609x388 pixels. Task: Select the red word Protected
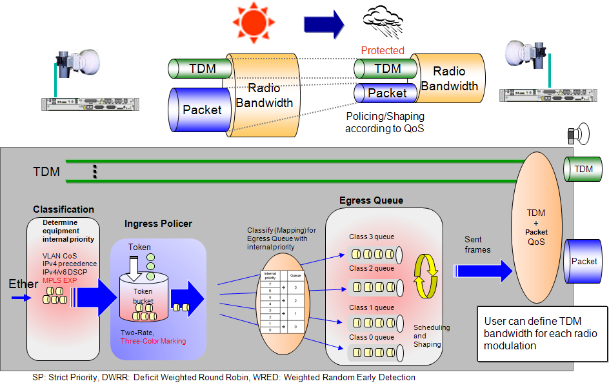(383, 50)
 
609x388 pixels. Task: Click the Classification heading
(64, 209)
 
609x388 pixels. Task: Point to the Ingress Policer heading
(157, 224)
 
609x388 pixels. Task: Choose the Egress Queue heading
(371, 200)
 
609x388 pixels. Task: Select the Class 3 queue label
(371, 237)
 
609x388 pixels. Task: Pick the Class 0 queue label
(371, 337)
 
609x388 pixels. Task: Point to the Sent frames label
(477, 244)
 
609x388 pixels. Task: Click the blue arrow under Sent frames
(484, 271)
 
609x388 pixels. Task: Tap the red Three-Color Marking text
(153, 341)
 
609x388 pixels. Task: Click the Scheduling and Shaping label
(431, 336)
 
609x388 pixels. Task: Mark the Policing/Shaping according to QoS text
(385, 122)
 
